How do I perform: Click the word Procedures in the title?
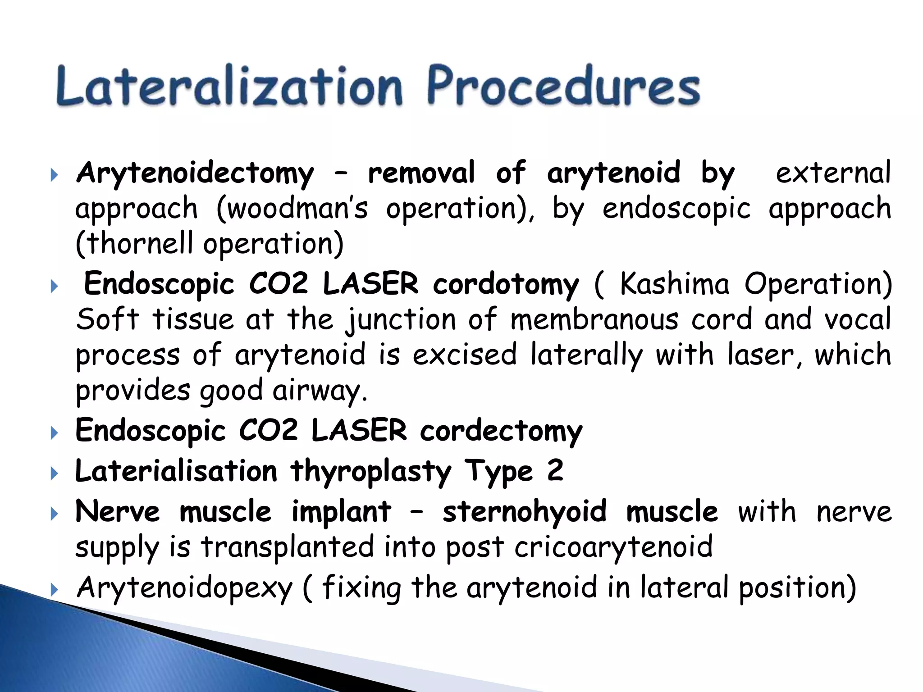click(x=563, y=86)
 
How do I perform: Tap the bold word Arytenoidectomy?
click(x=195, y=173)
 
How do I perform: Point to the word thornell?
click(x=135, y=244)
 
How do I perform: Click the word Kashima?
click(x=674, y=285)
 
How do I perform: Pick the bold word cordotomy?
click(x=506, y=285)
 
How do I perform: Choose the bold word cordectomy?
click(x=501, y=431)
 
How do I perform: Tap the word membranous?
click(x=594, y=320)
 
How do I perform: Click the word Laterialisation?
click(x=176, y=471)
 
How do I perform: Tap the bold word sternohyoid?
click(x=524, y=512)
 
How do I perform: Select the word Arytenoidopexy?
click(x=185, y=588)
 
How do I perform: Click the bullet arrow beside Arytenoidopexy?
click(x=54, y=589)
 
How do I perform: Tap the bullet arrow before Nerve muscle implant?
click(x=54, y=514)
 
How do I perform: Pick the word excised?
click(x=464, y=355)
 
